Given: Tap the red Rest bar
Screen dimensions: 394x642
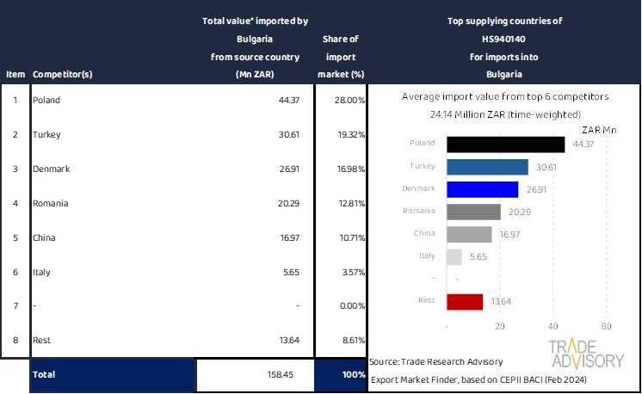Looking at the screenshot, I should (465, 301).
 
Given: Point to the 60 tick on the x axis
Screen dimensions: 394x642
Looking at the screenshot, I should (606, 327).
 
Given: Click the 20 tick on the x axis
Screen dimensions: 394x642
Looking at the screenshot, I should (500, 327).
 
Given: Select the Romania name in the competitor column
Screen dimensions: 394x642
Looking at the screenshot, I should (50, 203).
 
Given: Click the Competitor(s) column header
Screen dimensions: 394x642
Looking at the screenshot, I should (62, 74).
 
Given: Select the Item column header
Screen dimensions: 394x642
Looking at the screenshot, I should (15, 74).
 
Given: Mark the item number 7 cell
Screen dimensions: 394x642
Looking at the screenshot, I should (15, 306).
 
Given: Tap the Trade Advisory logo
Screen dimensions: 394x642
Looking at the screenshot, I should (585, 353).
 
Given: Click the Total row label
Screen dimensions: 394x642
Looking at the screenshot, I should (44, 375).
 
